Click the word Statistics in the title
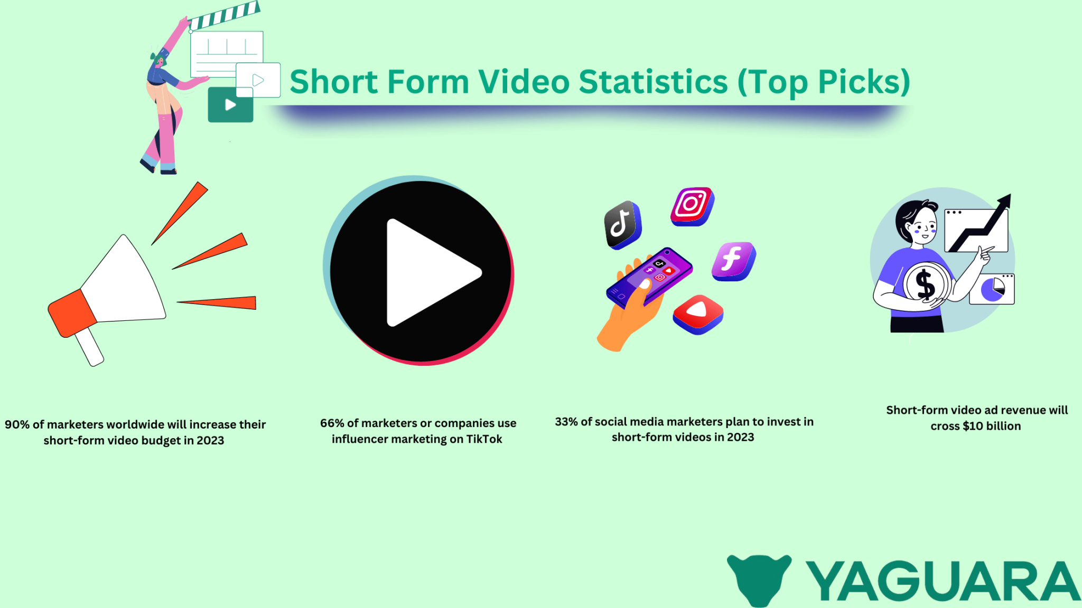(653, 82)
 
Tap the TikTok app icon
(622, 224)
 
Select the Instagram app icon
(692, 206)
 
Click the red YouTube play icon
(697, 313)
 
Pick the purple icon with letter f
(733, 261)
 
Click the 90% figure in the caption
(17, 425)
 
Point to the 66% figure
(332, 423)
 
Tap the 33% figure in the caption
(566, 422)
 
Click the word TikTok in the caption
(484, 439)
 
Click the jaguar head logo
(759, 578)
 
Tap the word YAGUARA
(943, 581)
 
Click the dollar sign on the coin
(925, 284)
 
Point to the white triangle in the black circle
(428, 272)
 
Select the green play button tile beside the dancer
(230, 105)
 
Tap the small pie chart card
(992, 289)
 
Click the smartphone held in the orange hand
(650, 277)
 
